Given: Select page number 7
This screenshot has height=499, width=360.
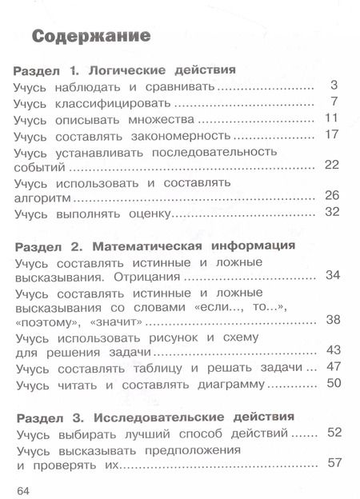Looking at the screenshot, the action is (x=335, y=102).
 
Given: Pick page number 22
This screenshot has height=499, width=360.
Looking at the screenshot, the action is (x=333, y=165).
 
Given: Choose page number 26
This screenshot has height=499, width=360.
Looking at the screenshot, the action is (x=333, y=195).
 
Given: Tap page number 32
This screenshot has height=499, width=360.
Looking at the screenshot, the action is (x=333, y=212).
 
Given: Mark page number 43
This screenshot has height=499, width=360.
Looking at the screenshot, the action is (x=333, y=350).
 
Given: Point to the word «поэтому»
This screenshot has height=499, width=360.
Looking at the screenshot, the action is (x=47, y=321).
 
